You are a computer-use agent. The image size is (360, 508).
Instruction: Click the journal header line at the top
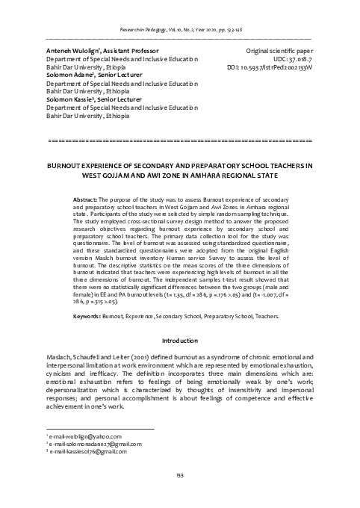[179, 29]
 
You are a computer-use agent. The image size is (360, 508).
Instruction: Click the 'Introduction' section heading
[179, 341]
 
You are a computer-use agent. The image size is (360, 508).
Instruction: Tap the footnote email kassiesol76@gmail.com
[84, 452]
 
